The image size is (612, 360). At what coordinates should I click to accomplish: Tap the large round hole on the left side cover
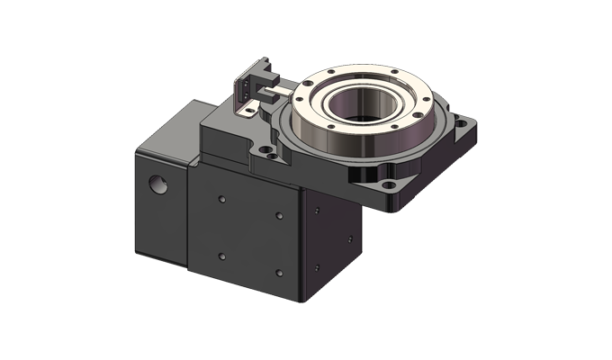(160, 184)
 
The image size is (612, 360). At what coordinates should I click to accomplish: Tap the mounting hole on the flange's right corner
(465, 121)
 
